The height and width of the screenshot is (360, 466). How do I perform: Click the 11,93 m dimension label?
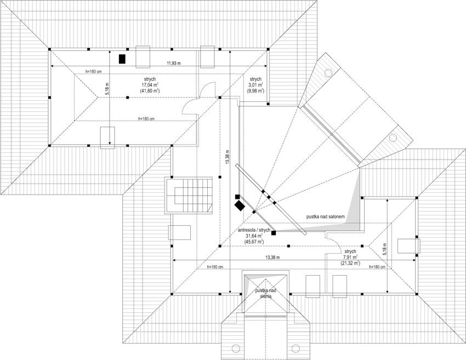[174, 63]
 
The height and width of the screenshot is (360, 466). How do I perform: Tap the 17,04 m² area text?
[150, 85]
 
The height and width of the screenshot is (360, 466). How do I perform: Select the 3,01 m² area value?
[255, 85]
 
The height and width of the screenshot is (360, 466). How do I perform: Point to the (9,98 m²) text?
[255, 91]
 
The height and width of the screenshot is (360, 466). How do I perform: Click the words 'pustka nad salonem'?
[326, 216]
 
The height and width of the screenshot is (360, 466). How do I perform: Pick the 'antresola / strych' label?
[254, 230]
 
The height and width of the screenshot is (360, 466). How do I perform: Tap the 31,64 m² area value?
[254, 236]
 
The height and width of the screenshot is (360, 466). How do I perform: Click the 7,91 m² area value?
[350, 257]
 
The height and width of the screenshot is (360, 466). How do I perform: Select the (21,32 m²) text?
[350, 263]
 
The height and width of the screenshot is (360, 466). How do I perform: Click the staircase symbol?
[189, 195]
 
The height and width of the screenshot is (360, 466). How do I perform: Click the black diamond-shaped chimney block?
[239, 205]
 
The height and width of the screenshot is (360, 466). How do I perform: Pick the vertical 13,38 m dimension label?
[228, 156]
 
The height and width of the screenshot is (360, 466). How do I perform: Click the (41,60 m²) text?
[150, 91]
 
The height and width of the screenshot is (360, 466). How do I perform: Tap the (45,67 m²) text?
[254, 242]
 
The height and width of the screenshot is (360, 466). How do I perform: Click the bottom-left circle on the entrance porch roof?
[236, 348]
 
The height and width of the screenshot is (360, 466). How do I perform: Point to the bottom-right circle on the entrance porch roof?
[295, 348]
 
